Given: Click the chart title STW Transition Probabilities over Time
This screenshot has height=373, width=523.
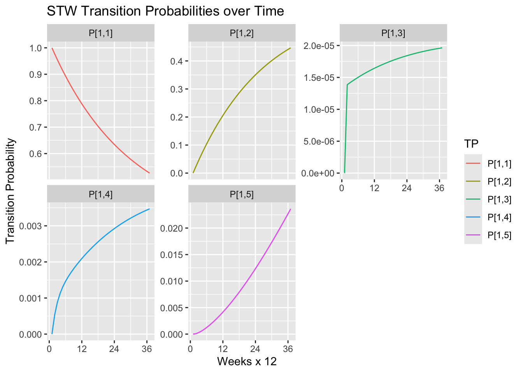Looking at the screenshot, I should coord(165,11).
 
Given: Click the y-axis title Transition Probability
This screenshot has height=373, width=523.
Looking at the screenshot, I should coord(11,191).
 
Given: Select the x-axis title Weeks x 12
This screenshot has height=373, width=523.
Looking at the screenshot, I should coord(247,362).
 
